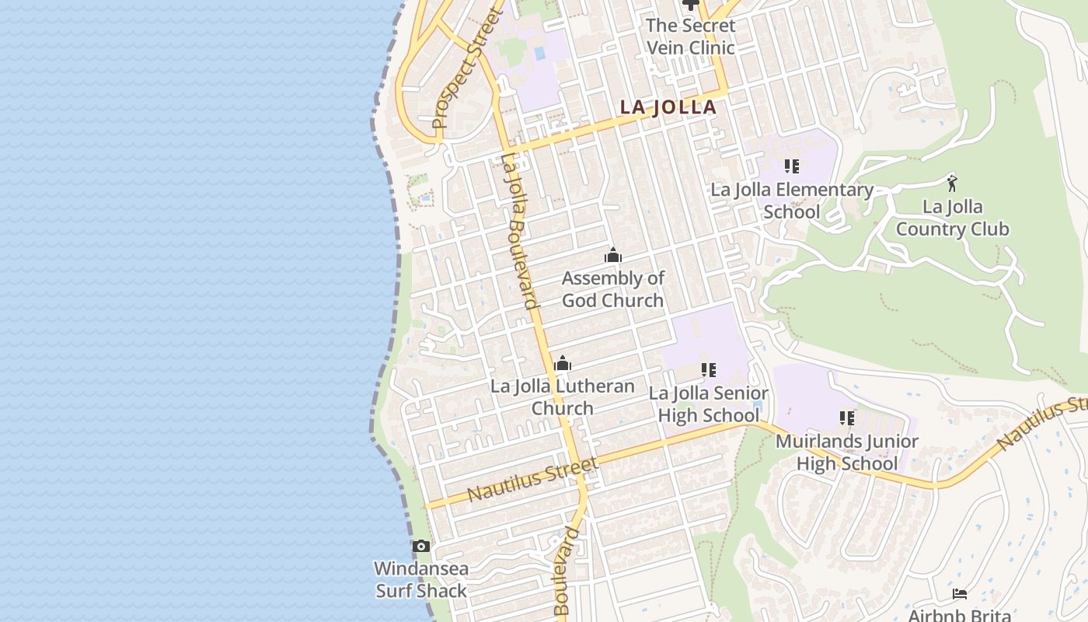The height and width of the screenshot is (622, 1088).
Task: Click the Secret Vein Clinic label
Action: tap(690, 37)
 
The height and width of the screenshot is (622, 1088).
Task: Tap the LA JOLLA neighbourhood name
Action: tap(668, 107)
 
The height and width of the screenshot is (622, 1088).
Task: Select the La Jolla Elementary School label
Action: tap(792, 201)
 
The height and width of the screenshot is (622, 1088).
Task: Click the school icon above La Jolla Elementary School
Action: tap(792, 166)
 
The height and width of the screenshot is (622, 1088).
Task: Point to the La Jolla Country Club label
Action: tap(952, 218)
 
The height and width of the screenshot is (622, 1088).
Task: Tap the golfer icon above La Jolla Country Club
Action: tap(952, 183)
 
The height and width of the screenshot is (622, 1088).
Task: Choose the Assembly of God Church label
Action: tap(613, 289)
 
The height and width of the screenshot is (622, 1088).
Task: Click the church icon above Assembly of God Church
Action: tap(613, 255)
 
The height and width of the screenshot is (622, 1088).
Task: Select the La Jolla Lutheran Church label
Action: tap(563, 397)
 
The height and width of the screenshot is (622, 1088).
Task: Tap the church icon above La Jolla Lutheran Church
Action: tap(563, 363)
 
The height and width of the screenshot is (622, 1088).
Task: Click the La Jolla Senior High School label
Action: tap(708, 404)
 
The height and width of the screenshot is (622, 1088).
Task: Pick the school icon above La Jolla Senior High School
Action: tap(708, 370)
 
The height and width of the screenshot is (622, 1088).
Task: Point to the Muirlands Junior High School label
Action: tap(847, 453)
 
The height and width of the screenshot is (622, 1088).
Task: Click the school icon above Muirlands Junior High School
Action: tap(847, 418)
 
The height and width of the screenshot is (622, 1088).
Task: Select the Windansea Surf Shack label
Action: tap(420, 579)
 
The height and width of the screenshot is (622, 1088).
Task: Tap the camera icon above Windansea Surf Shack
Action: tap(420, 546)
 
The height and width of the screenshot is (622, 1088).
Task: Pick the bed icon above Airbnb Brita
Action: tap(960, 594)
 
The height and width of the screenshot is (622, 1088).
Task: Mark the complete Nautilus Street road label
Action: tap(533, 480)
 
